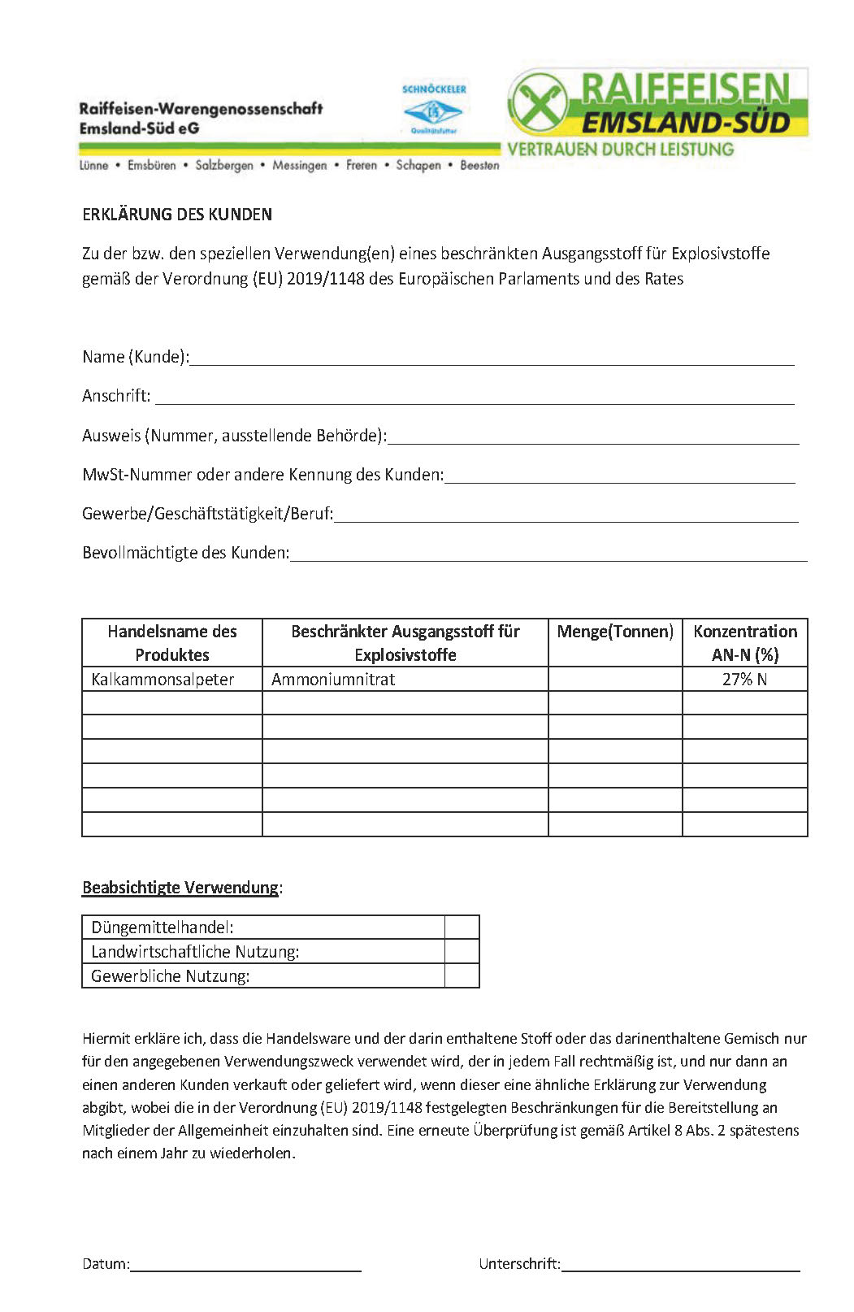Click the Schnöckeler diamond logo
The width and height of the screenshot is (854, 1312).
click(433, 111)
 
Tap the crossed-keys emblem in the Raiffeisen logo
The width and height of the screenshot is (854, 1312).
click(537, 103)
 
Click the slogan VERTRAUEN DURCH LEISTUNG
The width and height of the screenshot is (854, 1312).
click(620, 150)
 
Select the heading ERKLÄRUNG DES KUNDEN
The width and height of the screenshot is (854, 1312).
click(177, 215)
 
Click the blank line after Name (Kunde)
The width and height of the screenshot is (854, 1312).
click(492, 358)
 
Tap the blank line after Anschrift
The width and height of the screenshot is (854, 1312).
click(475, 398)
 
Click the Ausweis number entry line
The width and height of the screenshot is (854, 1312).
click(593, 437)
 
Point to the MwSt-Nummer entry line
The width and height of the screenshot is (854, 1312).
click(619, 476)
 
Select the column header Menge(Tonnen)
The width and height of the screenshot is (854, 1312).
click(615, 632)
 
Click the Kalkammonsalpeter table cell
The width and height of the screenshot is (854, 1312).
click(163, 680)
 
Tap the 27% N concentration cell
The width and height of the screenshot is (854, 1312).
click(744, 680)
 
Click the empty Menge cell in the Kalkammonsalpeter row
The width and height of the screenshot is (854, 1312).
click(615, 680)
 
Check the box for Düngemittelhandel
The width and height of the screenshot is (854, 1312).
click(462, 928)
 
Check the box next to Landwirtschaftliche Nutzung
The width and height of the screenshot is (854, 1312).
click(462, 952)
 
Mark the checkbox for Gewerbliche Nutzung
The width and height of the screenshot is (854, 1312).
click(462, 975)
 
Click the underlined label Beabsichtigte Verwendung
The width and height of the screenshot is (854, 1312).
click(180, 888)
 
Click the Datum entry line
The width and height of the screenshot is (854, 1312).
click(245, 1264)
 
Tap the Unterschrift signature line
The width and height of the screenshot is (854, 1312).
click(680, 1264)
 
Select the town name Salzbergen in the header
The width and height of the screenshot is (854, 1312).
click(224, 166)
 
